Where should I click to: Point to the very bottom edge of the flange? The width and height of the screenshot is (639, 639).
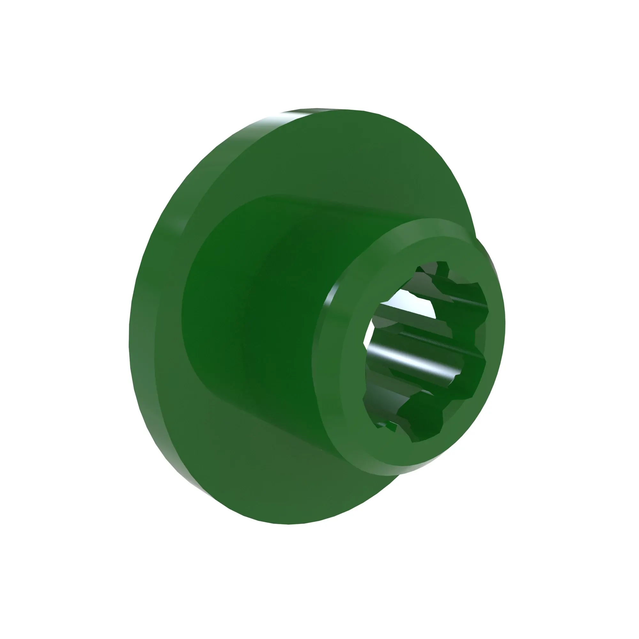(x=288, y=523)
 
